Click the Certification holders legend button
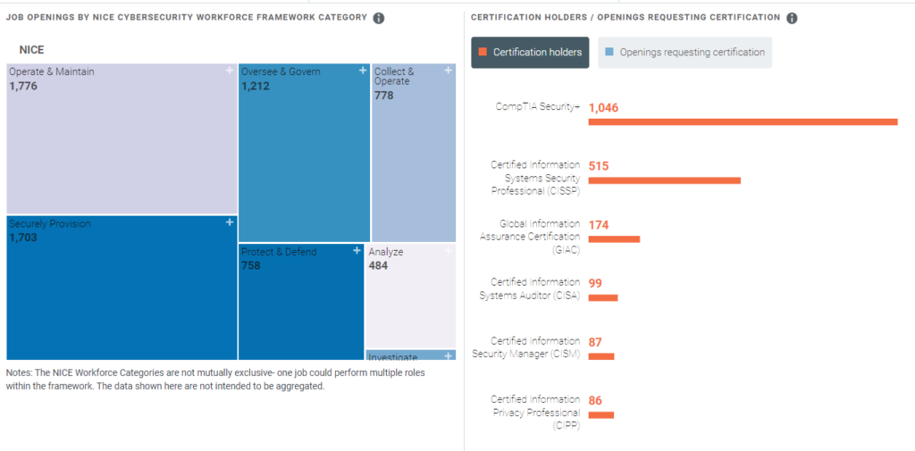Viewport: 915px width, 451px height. pos(531,53)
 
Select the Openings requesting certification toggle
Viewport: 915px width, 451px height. pos(684,53)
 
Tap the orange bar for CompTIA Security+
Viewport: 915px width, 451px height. pos(743,121)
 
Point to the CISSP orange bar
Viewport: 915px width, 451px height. pos(664,180)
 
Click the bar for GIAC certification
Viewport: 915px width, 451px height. pos(614,239)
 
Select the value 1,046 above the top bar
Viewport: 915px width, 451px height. pos(603,108)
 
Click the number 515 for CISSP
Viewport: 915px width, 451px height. pos(599,166)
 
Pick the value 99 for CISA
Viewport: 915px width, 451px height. pos(595,284)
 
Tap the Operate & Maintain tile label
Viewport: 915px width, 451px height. pos(51,71)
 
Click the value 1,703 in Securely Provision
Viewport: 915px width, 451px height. pos(23,238)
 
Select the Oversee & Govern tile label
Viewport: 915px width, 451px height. pos(280,71)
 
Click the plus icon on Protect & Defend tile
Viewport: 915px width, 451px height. pos(357,251)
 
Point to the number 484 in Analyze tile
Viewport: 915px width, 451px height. pos(378,266)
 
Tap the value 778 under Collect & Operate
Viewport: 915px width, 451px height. pos(384,96)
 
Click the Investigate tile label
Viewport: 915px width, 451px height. pos(392,357)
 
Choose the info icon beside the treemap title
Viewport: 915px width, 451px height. pos(379,19)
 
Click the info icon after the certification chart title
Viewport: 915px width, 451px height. pos(792,18)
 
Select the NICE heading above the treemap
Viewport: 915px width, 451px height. pos(31,50)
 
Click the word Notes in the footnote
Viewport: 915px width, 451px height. pos(19,372)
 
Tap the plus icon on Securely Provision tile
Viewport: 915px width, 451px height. pos(230,222)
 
